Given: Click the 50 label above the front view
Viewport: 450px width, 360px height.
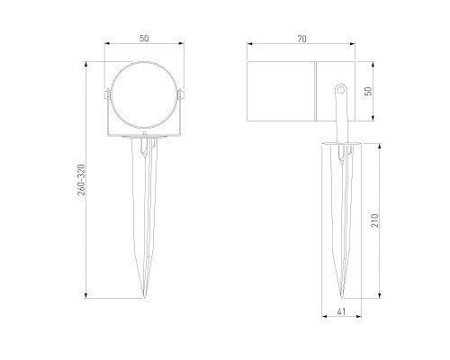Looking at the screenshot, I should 144,39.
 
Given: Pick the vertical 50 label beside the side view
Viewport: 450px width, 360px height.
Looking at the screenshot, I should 368,91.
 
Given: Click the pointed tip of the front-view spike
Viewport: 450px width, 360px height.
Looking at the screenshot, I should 144,296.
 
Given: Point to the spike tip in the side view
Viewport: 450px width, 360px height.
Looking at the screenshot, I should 344,296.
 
